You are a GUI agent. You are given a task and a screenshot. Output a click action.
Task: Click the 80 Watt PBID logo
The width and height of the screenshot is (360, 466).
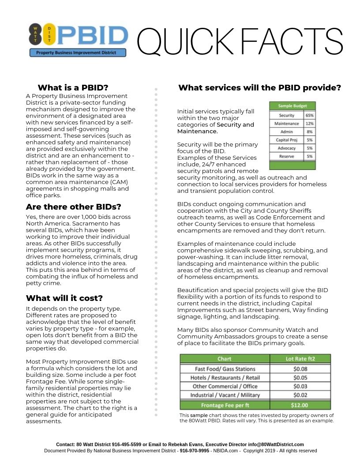tap(78, 40)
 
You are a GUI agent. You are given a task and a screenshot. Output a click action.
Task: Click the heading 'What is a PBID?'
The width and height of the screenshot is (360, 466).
tap(73, 87)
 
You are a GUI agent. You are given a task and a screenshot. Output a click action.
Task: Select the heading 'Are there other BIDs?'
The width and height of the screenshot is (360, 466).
tap(73, 207)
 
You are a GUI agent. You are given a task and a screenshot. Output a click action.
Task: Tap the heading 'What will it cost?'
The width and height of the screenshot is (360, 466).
tap(64, 298)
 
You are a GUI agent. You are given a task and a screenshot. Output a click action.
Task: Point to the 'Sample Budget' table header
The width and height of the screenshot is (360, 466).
tap(292, 106)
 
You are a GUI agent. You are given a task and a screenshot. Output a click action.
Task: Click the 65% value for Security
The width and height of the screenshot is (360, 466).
tap(309, 115)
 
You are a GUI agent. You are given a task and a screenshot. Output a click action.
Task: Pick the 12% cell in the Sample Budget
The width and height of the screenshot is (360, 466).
tap(309, 124)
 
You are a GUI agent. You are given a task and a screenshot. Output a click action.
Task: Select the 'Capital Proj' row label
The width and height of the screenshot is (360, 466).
tap(286, 140)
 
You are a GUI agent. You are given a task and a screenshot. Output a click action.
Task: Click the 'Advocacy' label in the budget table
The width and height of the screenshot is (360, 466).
tap(286, 148)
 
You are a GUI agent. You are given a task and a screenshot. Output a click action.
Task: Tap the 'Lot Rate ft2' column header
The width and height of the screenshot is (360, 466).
tap(300, 359)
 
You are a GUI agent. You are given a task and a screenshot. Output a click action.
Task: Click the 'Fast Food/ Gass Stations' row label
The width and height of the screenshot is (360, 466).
tap(225, 369)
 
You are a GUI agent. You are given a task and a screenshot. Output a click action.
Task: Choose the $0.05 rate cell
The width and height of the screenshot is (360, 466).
tap(300, 378)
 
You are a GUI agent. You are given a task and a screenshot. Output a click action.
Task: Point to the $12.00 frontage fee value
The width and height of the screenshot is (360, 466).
tap(300, 405)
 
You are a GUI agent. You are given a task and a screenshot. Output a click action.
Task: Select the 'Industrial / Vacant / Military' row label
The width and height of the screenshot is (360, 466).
tap(225, 395)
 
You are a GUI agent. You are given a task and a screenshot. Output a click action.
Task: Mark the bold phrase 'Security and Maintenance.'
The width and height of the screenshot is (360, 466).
tap(216, 128)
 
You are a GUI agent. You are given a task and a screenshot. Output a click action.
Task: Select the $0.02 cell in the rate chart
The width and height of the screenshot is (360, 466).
tap(300, 395)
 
